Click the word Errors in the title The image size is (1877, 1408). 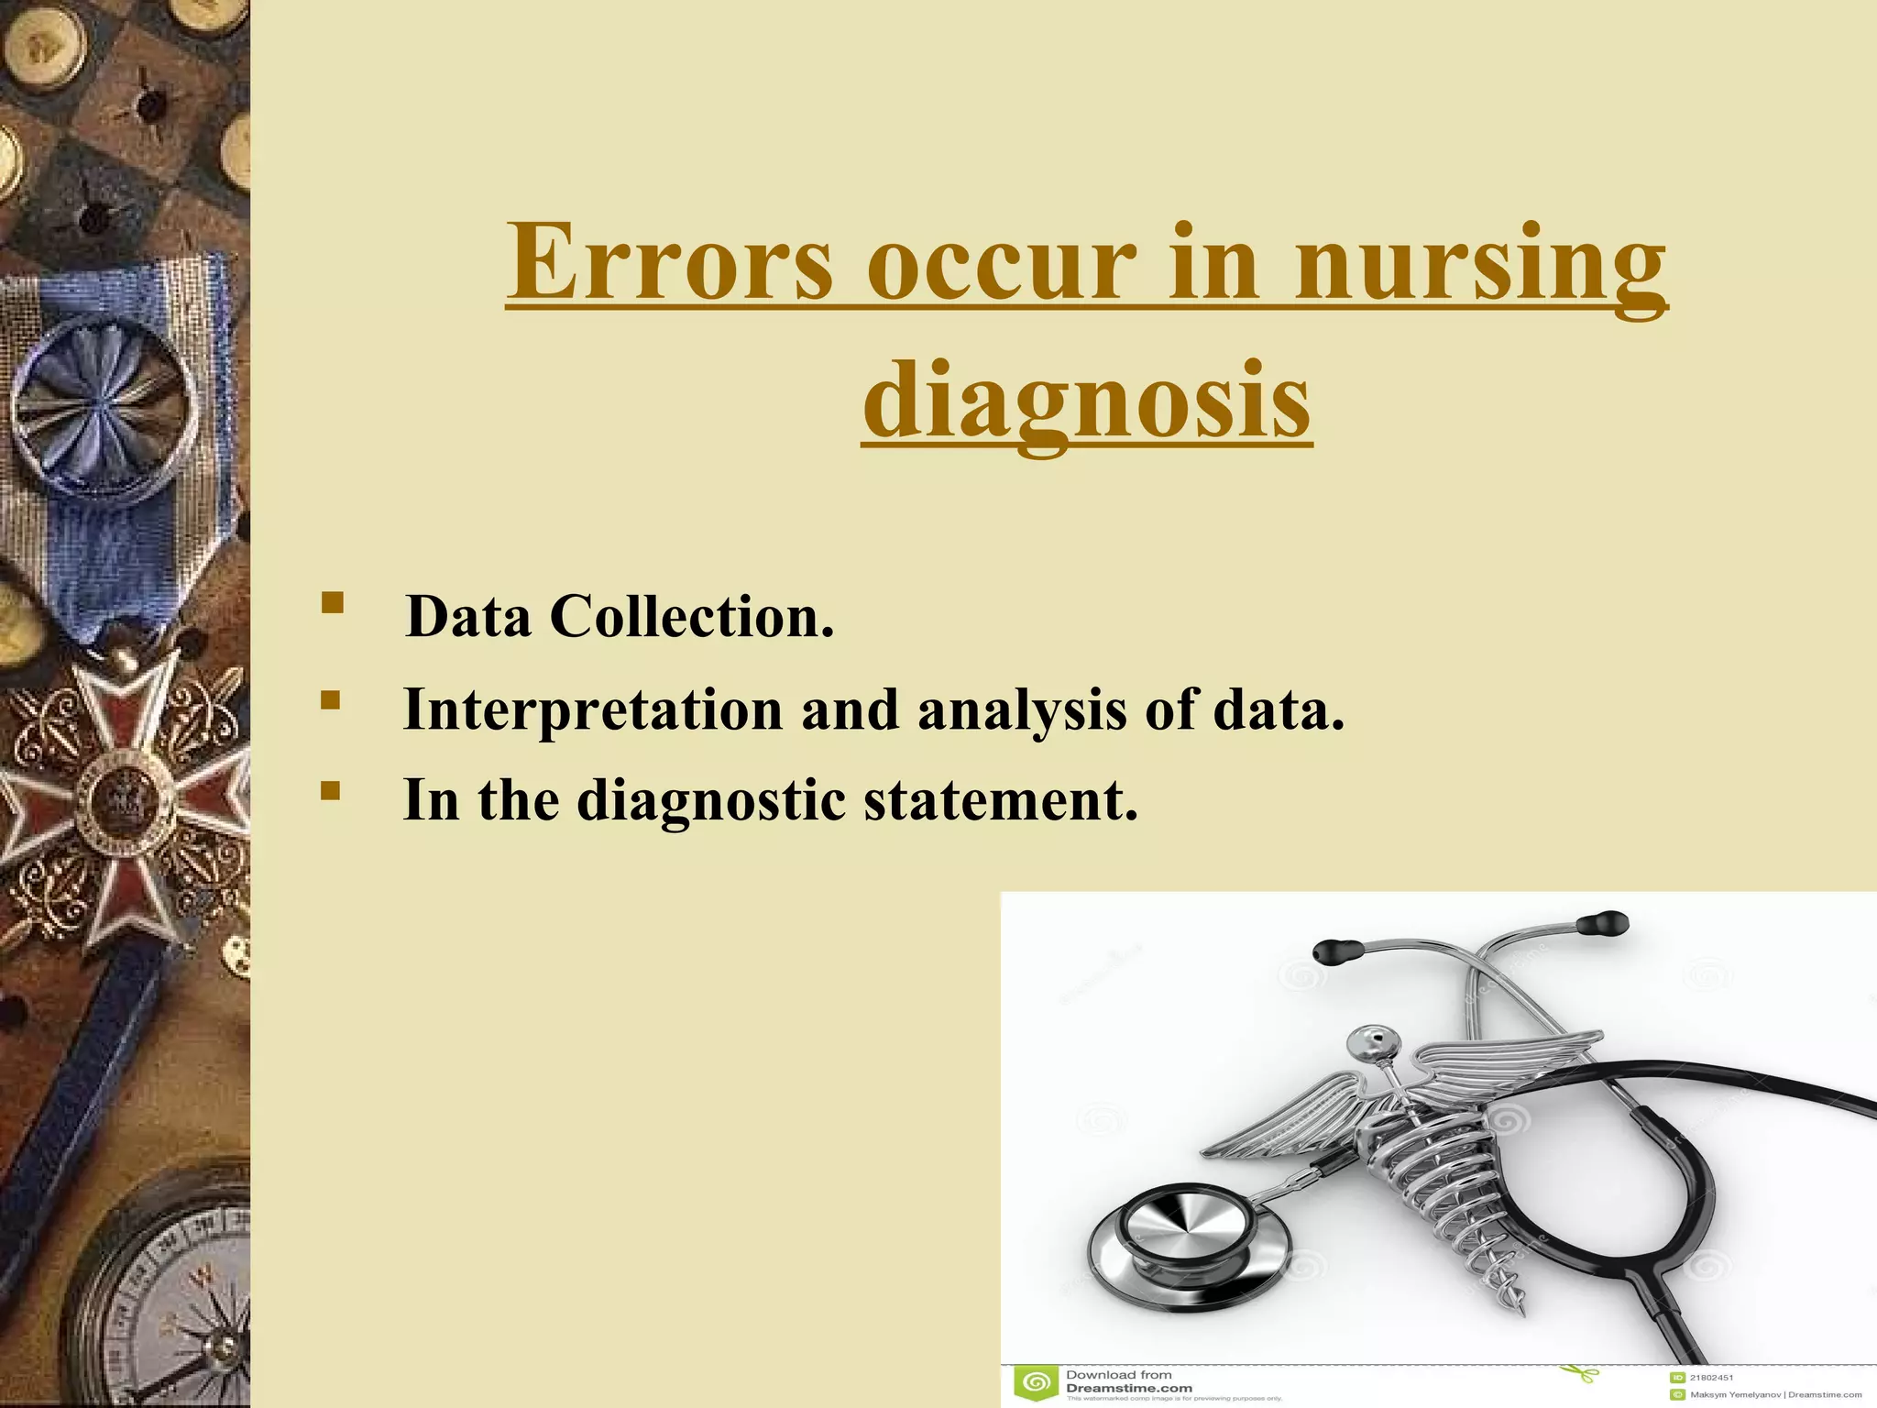click(x=670, y=262)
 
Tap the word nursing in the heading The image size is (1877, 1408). click(x=1480, y=266)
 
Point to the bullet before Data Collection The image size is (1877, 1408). click(x=333, y=603)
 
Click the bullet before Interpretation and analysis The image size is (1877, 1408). click(x=331, y=701)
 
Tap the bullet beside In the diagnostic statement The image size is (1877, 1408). click(x=331, y=791)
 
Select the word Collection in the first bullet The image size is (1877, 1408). click(x=692, y=616)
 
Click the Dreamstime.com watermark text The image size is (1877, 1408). click(x=1129, y=1388)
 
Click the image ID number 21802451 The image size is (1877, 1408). click(x=1711, y=1377)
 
